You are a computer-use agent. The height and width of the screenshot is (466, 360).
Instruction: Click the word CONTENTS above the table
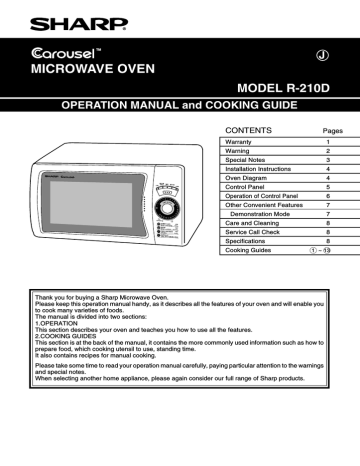pyautogui.click(x=246, y=131)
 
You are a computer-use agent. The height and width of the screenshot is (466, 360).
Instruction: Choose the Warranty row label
pyautogui.click(x=238, y=144)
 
